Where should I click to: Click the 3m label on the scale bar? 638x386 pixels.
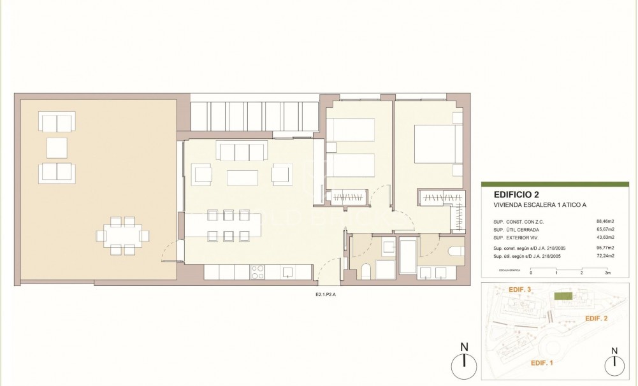[x=607, y=273]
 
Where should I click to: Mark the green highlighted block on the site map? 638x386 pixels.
[x=562, y=296]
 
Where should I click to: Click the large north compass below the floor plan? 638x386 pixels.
[x=464, y=365]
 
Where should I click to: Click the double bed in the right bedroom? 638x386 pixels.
[x=437, y=145]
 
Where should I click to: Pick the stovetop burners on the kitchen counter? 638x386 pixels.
[x=258, y=273]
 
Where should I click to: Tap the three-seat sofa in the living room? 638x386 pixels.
[x=241, y=152]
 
